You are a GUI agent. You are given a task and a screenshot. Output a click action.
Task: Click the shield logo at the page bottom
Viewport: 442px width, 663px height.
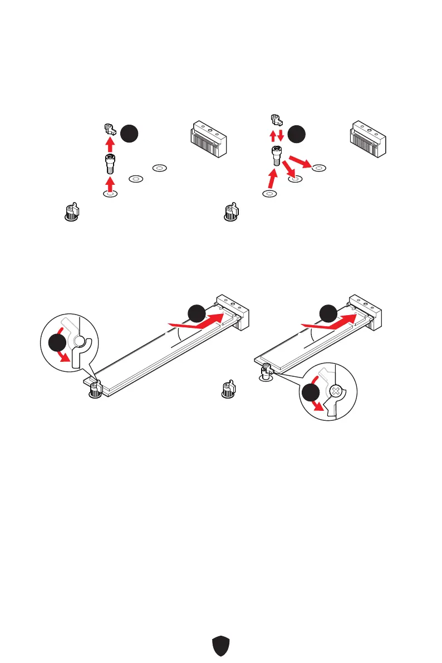[222, 646]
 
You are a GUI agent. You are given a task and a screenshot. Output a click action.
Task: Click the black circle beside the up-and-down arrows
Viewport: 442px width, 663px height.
[297, 134]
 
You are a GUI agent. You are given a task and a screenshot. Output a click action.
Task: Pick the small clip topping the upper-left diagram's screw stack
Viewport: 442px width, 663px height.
[110, 130]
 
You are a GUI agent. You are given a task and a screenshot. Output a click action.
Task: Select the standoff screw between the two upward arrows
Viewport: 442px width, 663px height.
[110, 165]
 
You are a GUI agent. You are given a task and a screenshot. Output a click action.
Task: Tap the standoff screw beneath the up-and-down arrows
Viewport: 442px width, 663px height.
[276, 155]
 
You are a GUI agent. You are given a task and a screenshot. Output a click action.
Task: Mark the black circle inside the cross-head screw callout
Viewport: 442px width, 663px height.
[308, 394]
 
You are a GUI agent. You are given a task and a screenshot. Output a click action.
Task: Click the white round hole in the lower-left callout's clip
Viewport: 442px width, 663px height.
[80, 341]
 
